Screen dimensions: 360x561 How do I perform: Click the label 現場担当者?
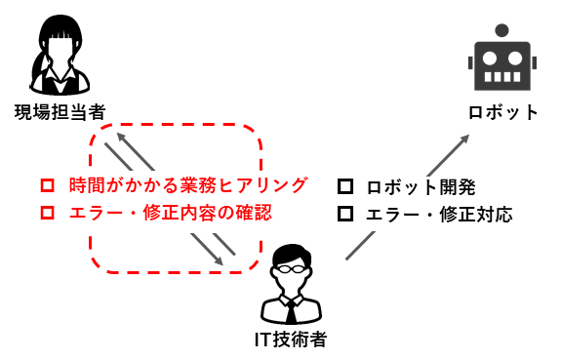pyautogui.click(x=60, y=111)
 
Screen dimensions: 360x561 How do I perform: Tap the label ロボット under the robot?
pyautogui.click(x=502, y=112)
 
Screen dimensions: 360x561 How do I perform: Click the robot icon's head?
pyautogui.click(x=502, y=64)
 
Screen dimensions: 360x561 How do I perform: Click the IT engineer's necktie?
pyautogui.click(x=290, y=310)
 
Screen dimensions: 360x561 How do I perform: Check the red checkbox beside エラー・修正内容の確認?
pyautogui.click(x=46, y=212)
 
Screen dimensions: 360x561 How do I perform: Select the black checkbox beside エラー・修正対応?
pyautogui.click(x=343, y=214)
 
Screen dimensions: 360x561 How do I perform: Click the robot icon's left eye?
pyautogui.click(x=491, y=57)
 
